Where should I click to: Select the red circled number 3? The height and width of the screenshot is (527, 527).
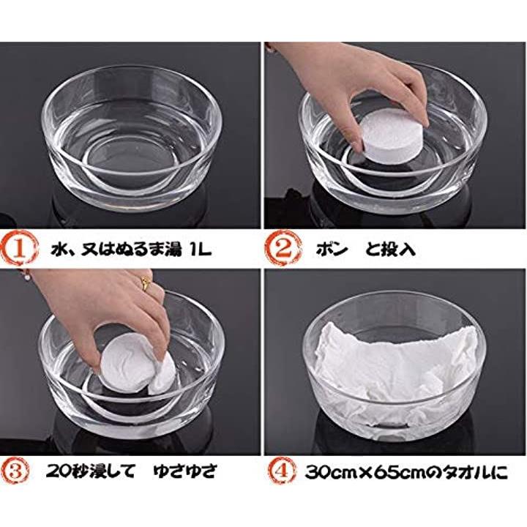pyautogui.click(x=15, y=471)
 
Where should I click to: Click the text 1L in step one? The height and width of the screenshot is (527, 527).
pyautogui.click(x=201, y=250)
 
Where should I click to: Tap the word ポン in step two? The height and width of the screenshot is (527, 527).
pyautogui.click(x=331, y=249)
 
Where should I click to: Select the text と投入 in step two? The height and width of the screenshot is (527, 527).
pyautogui.click(x=390, y=249)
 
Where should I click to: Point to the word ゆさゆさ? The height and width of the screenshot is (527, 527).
pyautogui.click(x=184, y=471)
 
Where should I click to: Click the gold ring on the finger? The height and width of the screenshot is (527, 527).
pyautogui.click(x=146, y=283)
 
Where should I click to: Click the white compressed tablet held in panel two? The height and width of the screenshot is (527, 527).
pyautogui.click(x=391, y=138)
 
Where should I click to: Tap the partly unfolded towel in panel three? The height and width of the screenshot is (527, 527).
pyautogui.click(x=137, y=364)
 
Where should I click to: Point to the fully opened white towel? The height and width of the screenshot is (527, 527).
pyautogui.click(x=395, y=373)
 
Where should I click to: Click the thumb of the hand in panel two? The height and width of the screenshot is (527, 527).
pyautogui.click(x=356, y=131)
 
